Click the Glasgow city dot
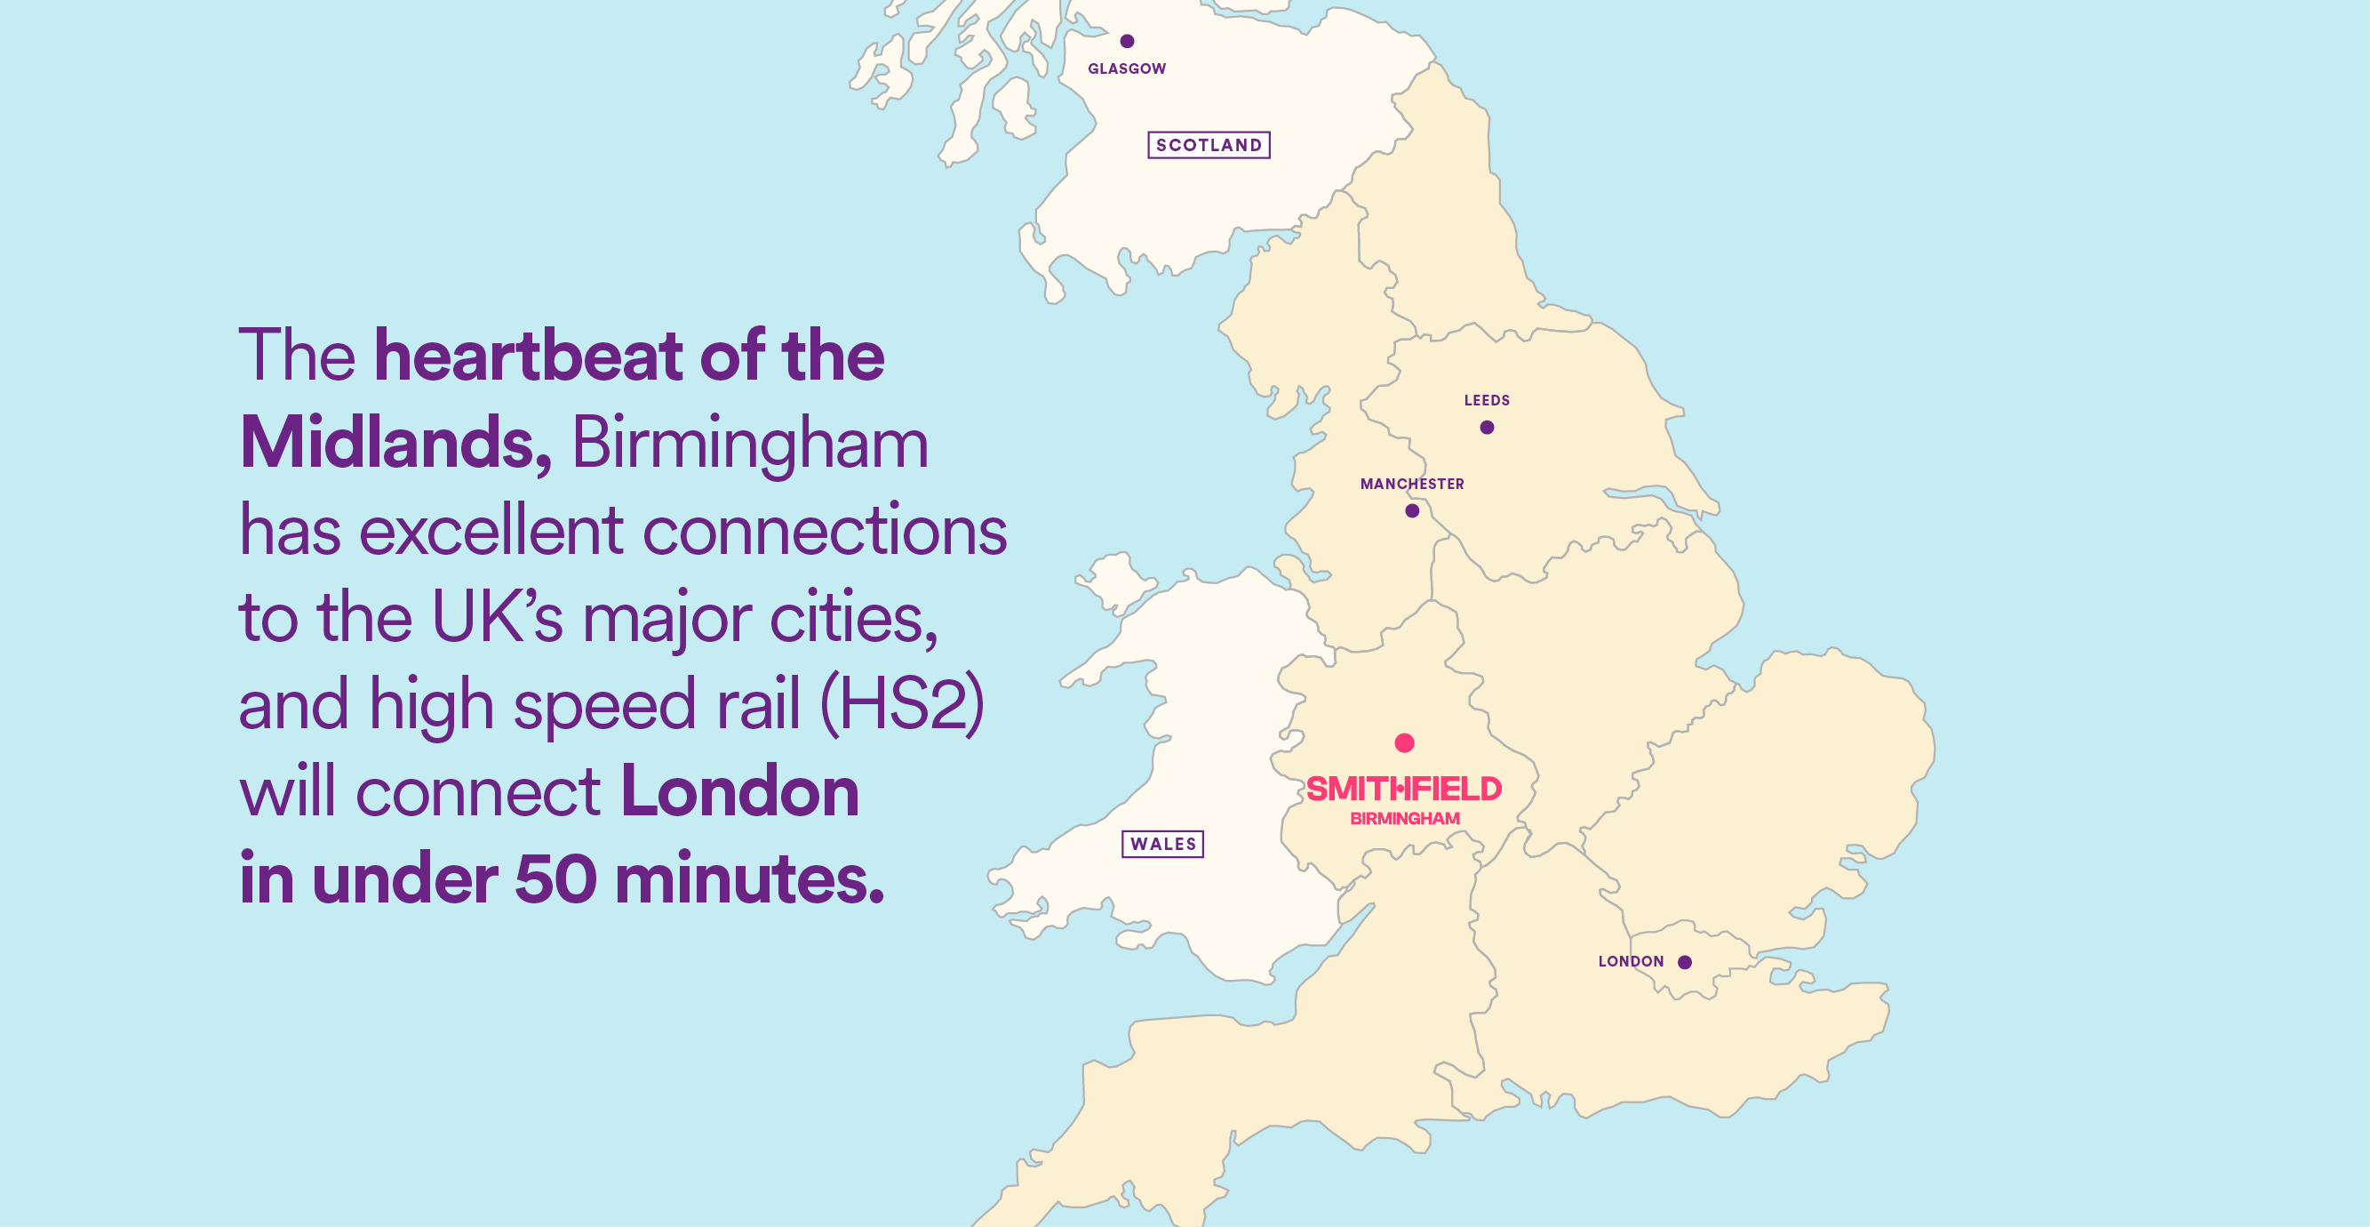1126,41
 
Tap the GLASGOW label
1126,69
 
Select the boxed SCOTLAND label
1208,146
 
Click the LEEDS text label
1486,400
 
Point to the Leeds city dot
1486,427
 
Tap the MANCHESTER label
1411,485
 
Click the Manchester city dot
1411,511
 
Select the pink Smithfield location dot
1404,742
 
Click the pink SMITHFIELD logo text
1403,789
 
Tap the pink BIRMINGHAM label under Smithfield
1404,818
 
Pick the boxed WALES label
1162,844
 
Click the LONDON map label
1631,961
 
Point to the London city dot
1685,962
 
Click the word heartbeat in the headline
528,357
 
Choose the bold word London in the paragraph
739,792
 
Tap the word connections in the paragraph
825,532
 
